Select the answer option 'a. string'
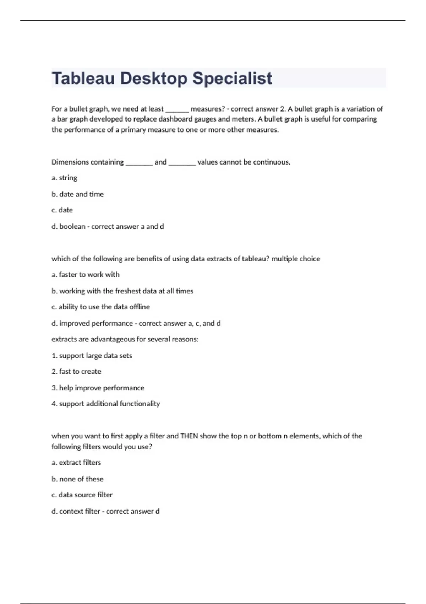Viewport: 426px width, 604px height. tap(64, 178)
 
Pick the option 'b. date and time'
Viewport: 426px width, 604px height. tap(77, 194)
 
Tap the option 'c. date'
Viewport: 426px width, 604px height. tap(62, 210)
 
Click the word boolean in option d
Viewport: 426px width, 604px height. tap(72, 226)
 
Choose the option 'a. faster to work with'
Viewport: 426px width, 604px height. tap(85, 274)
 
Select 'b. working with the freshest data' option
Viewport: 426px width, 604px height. tap(122, 291)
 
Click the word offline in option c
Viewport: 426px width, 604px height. tap(140, 307)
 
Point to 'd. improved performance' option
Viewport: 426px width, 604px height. tap(92, 323)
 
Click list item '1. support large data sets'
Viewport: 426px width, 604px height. tap(92, 356)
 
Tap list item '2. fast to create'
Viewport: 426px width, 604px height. tap(76, 371)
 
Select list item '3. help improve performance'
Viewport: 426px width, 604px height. tap(98, 388)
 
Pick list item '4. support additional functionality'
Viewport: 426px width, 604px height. tap(105, 404)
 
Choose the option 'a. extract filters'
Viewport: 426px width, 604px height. tap(76, 463)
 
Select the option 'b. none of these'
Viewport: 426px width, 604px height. tap(77, 479)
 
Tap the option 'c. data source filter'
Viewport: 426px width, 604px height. tap(82, 495)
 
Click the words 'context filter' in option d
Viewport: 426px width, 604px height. tap(80, 511)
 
